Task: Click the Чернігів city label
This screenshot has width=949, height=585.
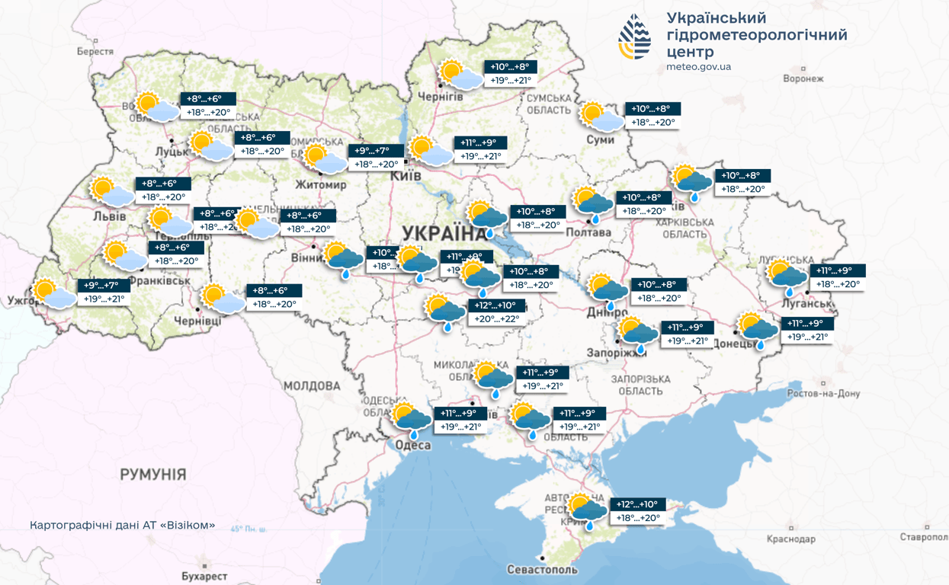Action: [440, 97]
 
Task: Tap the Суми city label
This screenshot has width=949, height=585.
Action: [601, 140]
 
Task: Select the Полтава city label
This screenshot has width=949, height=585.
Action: [590, 232]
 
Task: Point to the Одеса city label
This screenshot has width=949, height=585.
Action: [412, 445]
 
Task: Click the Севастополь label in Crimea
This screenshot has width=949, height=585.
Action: [542, 570]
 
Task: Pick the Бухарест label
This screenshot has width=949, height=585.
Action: [204, 576]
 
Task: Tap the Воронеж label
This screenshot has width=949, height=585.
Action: [803, 78]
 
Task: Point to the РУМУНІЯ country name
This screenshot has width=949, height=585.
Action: [152, 475]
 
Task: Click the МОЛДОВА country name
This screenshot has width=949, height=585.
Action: [312, 386]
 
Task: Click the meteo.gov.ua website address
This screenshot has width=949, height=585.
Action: [698, 67]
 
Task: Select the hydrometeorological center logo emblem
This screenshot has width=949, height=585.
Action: [635, 37]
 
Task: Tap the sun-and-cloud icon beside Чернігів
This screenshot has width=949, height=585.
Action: [461, 75]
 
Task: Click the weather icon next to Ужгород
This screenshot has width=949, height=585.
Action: [54, 293]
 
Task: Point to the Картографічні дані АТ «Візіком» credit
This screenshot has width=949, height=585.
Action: [123, 526]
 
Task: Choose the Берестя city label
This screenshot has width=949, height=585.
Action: [95, 52]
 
